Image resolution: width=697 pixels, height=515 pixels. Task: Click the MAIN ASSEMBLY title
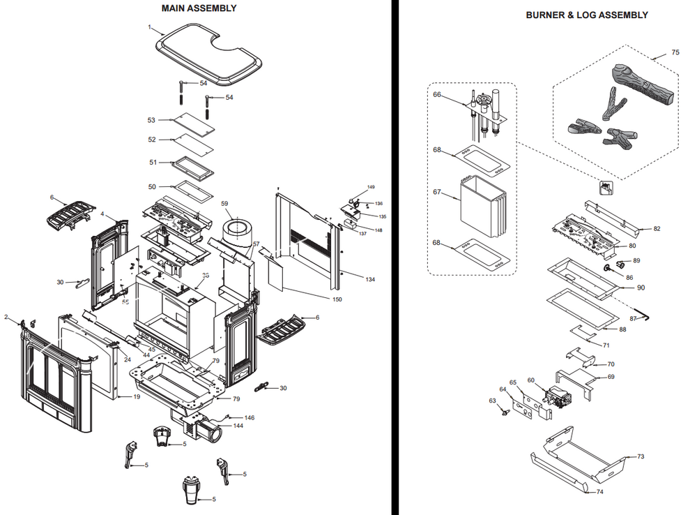(199, 8)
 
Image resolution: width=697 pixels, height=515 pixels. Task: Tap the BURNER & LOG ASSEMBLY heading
(587, 15)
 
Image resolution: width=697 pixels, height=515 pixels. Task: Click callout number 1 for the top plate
(149, 27)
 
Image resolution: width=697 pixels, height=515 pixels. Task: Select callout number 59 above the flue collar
(224, 204)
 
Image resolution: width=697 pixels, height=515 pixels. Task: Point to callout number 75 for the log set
(675, 52)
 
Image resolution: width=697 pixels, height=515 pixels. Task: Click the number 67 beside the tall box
(437, 192)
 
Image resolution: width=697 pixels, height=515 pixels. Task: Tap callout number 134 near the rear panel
(370, 280)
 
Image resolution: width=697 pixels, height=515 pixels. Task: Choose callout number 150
(337, 299)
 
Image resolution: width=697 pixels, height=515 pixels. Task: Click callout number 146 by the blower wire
(250, 417)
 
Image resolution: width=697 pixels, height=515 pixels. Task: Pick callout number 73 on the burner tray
(641, 456)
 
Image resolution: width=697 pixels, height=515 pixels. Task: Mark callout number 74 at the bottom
(599, 492)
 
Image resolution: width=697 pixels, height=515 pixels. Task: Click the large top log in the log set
(643, 86)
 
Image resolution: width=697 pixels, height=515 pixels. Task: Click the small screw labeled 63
(505, 412)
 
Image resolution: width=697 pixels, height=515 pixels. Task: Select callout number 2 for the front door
(6, 317)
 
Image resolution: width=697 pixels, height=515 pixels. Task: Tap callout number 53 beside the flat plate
(151, 120)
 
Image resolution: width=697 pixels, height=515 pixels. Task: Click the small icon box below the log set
(606, 188)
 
